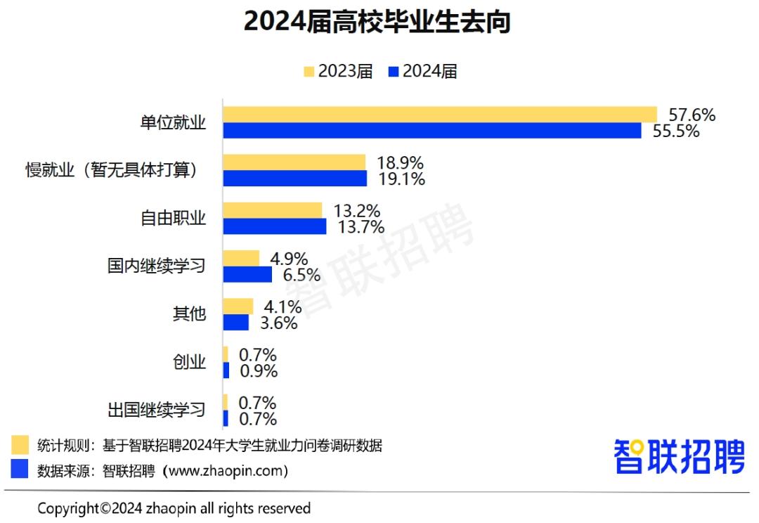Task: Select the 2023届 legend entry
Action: coord(338,71)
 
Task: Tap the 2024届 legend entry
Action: coord(422,71)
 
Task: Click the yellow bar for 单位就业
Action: coord(440,115)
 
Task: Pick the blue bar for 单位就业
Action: coord(432,131)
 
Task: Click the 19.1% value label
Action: coord(401,179)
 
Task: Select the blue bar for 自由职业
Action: coord(275,226)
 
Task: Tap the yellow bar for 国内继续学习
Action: coord(241,258)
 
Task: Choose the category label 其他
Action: coord(189,314)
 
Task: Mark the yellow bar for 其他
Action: coord(238,306)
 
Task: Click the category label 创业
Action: coord(189,362)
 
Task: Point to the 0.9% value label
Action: coord(258,371)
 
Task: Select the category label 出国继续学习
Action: coord(156,410)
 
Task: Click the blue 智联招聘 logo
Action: coord(678,457)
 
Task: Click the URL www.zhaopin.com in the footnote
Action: coord(225,470)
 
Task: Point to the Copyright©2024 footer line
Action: coord(174,508)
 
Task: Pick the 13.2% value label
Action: coord(357,210)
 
